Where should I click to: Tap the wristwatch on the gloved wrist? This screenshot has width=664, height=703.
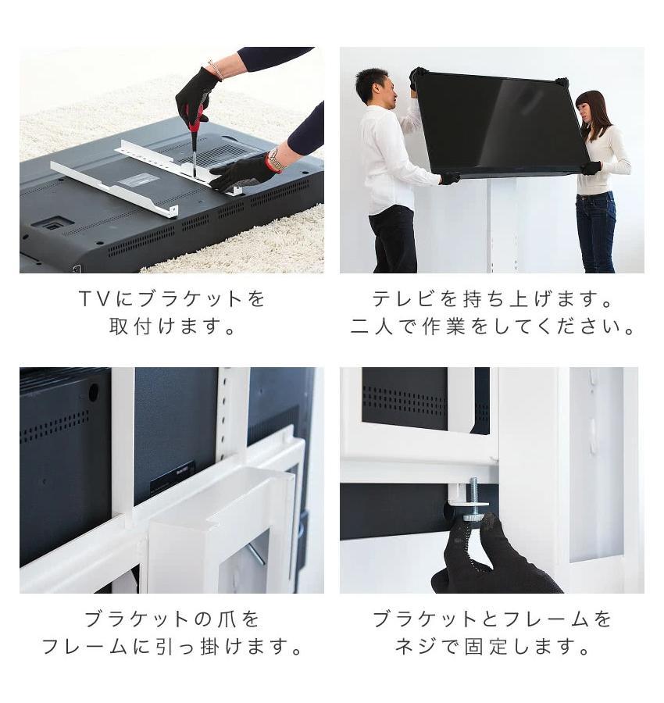point(276,159)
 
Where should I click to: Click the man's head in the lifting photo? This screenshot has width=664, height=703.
point(373,85)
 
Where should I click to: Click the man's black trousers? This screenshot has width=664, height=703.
point(393,238)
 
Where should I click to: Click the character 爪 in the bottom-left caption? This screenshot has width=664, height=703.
point(223,619)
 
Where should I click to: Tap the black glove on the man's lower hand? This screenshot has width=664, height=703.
point(449,178)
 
